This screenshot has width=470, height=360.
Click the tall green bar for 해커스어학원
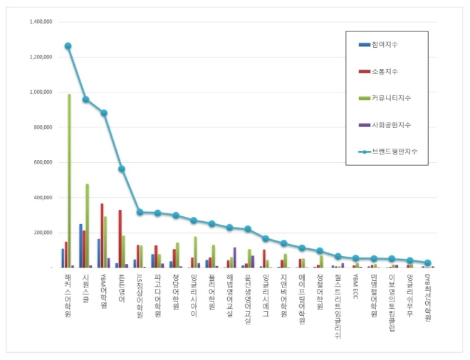click(x=69, y=181)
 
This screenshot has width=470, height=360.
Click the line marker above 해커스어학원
click(x=68, y=46)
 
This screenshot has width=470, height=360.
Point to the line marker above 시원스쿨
click(x=85, y=100)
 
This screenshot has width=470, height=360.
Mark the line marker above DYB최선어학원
click(x=427, y=263)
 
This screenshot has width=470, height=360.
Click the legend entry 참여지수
click(x=384, y=45)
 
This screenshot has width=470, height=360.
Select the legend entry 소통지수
click(x=384, y=71)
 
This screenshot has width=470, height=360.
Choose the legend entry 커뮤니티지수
click(x=388, y=97)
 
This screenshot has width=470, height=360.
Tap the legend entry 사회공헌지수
click(x=388, y=125)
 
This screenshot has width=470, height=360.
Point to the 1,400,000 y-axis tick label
click(x=41, y=22)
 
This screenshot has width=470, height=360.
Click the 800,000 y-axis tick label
click(x=43, y=127)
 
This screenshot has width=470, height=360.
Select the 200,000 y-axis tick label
click(x=43, y=233)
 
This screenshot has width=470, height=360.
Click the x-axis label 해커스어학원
click(x=68, y=295)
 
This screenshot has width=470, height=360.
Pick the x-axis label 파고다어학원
click(x=157, y=295)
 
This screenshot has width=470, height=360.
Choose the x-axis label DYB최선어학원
click(x=427, y=299)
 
